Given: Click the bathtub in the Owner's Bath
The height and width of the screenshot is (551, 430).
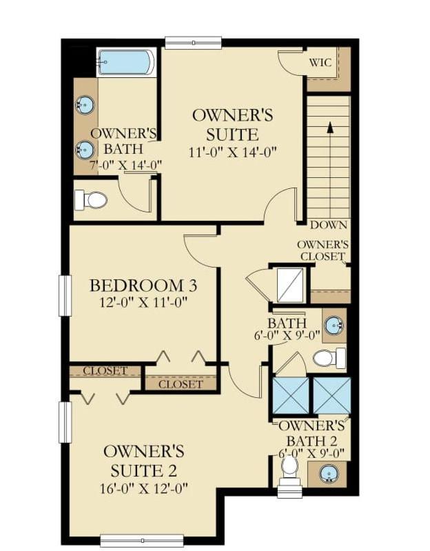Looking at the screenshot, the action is [x=125, y=62].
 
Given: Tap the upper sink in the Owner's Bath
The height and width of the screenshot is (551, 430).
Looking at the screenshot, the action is [x=85, y=105].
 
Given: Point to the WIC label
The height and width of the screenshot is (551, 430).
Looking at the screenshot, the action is [x=320, y=63].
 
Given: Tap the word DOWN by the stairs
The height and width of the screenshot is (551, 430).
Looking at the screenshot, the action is [x=329, y=225].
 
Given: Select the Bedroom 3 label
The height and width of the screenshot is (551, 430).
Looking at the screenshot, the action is [x=143, y=285].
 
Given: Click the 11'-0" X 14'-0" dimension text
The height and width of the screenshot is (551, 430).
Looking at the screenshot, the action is [x=233, y=152].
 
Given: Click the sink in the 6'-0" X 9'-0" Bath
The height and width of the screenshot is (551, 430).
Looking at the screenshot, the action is [x=334, y=325].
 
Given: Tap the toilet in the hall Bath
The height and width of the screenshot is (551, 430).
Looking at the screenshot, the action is [x=329, y=358].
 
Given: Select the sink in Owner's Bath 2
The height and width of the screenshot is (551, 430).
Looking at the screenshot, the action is [x=329, y=473].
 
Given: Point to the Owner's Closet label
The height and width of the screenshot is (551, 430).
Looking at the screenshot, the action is [x=322, y=250].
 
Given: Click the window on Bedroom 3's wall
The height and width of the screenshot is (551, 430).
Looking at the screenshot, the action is [x=65, y=296].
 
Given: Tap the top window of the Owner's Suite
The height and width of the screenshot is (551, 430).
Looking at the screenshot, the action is [x=193, y=43].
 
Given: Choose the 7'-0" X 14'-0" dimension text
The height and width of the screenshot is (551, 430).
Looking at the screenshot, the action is [x=125, y=165].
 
